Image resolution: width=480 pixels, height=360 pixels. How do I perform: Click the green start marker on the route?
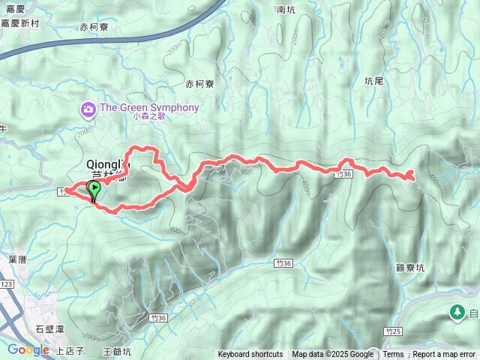point(95,189)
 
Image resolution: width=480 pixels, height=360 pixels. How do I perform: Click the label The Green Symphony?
point(149,107)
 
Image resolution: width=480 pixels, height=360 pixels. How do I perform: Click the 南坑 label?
point(286,10)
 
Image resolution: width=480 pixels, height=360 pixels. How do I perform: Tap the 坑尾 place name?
point(373,80)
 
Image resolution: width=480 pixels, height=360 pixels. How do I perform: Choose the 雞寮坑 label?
point(410,267)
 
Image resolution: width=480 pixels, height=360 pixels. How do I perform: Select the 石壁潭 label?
point(52,328)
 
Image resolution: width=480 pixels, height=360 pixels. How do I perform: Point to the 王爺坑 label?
point(117,350)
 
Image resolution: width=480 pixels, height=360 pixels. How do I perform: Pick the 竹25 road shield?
point(393,331)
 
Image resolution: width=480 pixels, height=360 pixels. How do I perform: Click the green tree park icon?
point(456,311)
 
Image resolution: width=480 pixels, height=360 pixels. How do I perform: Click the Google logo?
point(28,349)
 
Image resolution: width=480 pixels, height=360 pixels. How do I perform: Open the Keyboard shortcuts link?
point(250,355)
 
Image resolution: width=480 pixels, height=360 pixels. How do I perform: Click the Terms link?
point(393,355)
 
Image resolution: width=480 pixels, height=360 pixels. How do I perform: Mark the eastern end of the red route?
point(412,176)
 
